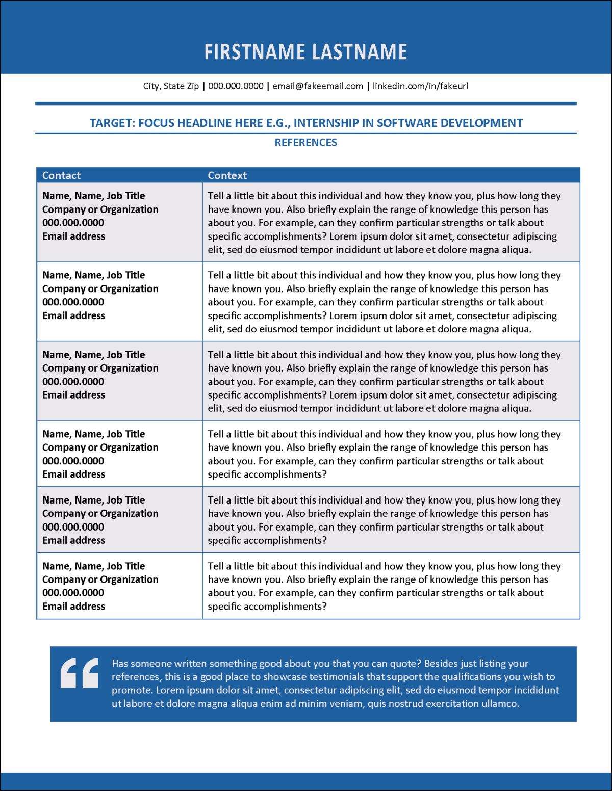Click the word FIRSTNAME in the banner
254,52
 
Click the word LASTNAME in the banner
360,52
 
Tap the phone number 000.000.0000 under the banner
236,86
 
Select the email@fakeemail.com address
318,86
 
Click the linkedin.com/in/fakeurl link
420,86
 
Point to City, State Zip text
171,86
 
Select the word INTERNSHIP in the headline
326,123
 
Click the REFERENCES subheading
306,143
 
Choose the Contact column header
61,176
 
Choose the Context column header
227,176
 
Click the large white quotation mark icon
80,673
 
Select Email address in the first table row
73,236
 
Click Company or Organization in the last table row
100,579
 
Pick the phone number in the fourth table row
73,461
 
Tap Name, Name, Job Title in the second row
93,275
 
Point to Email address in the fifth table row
73,540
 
